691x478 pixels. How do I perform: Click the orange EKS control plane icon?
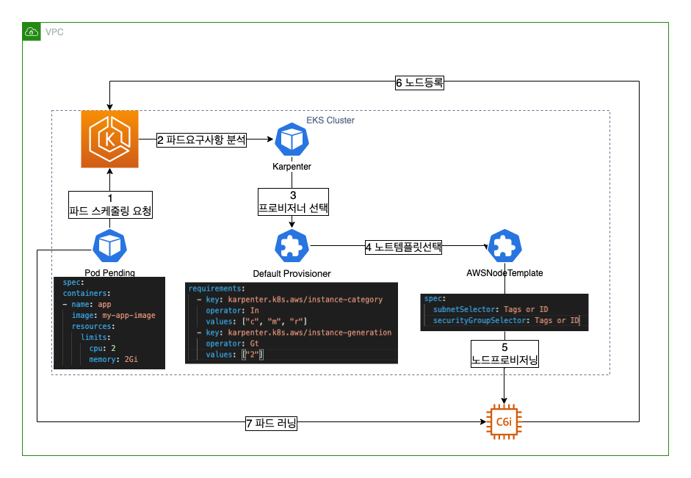point(109,139)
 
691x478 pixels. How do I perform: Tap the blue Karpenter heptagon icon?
point(292,140)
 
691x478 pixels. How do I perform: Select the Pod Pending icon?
point(109,245)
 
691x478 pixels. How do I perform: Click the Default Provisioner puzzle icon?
point(292,246)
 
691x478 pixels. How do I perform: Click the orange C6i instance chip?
point(504,421)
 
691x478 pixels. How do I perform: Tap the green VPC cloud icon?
point(32,32)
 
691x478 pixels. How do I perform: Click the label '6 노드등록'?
point(419,83)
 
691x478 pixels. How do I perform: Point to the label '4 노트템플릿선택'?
point(403,247)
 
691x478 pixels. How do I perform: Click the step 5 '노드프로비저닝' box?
point(504,354)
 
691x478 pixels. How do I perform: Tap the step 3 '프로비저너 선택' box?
point(292,201)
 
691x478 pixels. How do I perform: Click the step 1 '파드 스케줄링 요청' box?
point(110,205)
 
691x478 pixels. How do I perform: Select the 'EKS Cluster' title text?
point(330,120)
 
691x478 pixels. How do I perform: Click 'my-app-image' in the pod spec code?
point(129,315)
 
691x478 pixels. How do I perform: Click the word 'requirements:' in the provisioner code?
point(216,289)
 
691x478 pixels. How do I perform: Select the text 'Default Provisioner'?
point(292,273)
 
